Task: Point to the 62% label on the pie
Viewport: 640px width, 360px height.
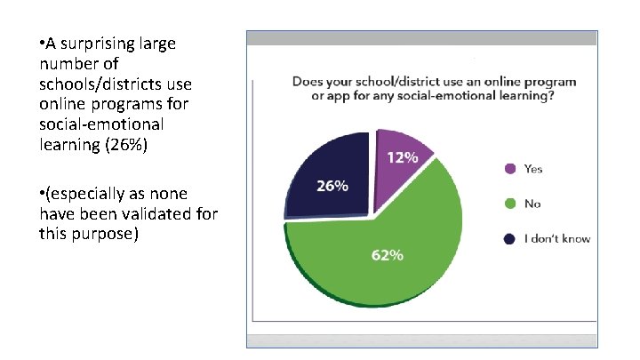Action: [x=388, y=255]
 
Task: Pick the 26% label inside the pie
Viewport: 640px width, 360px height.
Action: [x=332, y=187]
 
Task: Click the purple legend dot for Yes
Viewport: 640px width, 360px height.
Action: [x=509, y=169]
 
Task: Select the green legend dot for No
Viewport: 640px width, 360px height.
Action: [x=509, y=204]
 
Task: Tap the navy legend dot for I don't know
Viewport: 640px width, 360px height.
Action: [x=509, y=238]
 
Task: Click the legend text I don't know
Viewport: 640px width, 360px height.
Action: [x=557, y=238]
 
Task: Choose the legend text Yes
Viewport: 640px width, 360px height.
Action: [x=533, y=169]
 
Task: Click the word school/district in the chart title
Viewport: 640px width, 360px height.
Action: [x=389, y=82]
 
